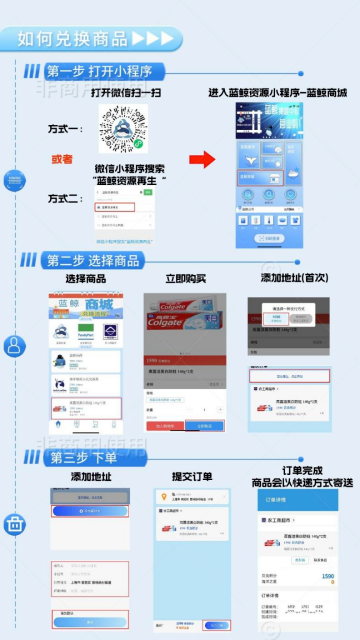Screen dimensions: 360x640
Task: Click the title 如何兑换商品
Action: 73,39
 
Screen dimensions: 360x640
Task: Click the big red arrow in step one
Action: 203,159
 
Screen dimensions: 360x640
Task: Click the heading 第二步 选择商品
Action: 93,260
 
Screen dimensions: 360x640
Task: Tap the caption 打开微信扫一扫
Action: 126,92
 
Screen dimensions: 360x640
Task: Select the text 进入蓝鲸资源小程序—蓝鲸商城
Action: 277,92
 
